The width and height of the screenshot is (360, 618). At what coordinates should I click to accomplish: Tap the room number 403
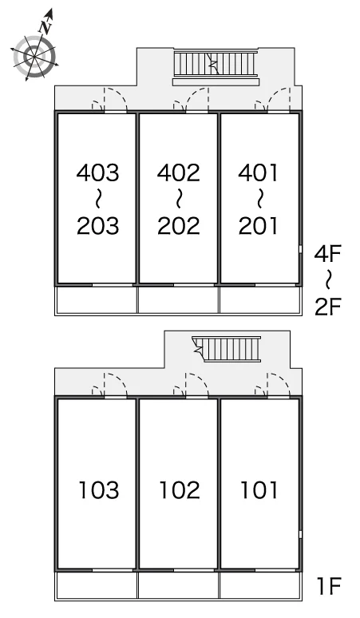pos(97,172)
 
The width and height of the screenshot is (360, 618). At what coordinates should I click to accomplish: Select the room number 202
pos(179,226)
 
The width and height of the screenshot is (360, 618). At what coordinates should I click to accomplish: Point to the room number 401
pos(259,172)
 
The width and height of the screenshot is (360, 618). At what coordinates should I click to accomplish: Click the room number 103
pos(99,490)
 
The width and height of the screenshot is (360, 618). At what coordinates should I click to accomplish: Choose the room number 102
pos(180,490)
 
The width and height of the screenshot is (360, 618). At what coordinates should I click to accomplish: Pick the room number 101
pos(259,490)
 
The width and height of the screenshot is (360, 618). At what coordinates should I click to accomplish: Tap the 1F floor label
pos(329,586)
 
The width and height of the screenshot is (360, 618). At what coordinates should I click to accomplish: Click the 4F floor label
pos(328,253)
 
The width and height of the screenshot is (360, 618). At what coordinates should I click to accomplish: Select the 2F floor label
pos(328,307)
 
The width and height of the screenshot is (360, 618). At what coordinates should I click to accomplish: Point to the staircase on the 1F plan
pos(227,348)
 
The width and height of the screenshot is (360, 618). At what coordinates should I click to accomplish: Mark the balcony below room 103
pos(97,586)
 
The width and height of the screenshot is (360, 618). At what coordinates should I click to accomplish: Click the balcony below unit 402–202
pos(178,300)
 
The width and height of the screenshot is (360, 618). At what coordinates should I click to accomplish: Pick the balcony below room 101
pos(260,586)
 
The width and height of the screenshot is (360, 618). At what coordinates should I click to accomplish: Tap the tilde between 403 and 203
pos(97,200)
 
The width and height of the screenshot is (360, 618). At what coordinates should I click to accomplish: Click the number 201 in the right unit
pos(259,226)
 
